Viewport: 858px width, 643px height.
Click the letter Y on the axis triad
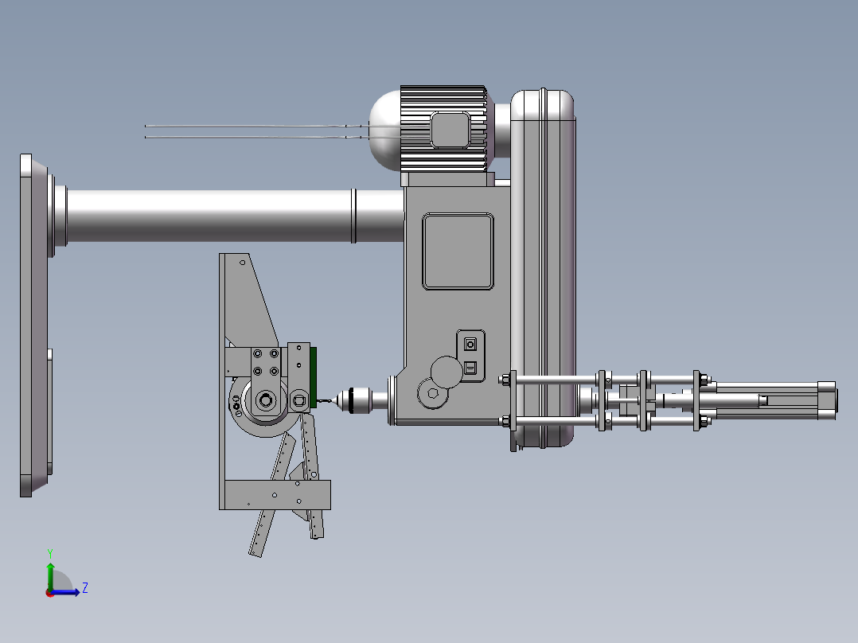click(50, 553)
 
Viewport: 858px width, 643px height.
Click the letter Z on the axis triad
click(85, 588)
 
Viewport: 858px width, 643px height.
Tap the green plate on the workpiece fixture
click(314, 377)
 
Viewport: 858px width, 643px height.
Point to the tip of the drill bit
click(318, 401)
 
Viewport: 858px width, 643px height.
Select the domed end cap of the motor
click(384, 130)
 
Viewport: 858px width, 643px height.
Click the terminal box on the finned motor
click(450, 130)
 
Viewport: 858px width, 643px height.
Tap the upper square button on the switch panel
click(470, 345)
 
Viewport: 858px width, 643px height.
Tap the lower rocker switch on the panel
click(470, 368)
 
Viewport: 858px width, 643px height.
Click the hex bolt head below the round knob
click(433, 393)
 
